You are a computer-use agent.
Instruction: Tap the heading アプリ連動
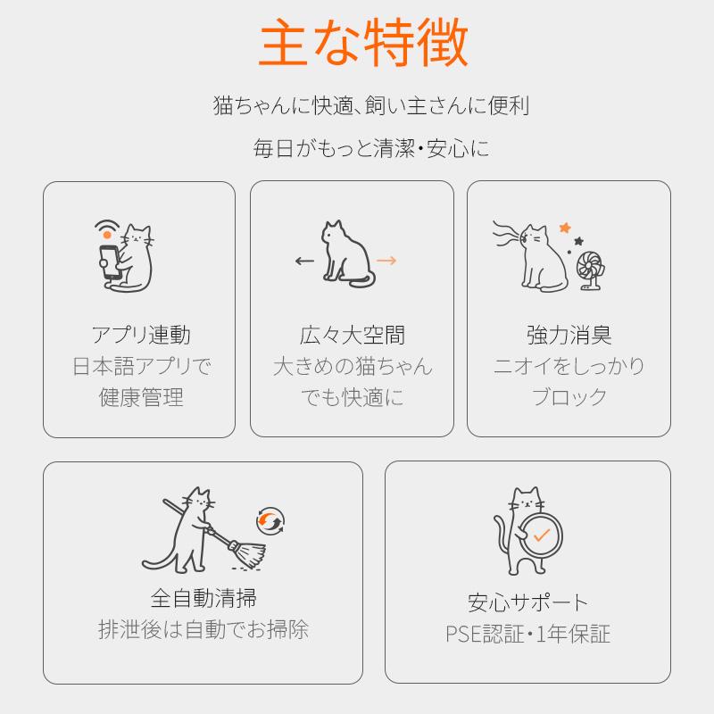[140, 336]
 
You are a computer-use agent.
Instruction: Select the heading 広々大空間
[353, 336]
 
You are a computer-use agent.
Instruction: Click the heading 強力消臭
[569, 336]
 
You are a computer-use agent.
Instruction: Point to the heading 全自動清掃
[203, 597]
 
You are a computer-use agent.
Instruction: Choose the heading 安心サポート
[528, 602]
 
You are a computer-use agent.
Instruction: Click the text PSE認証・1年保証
[528, 635]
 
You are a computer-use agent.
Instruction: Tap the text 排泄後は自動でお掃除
[203, 629]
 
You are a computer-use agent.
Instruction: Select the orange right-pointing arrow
[386, 261]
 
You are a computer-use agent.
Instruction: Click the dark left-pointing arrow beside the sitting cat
[304, 262]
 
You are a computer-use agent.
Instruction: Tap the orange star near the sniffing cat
[564, 228]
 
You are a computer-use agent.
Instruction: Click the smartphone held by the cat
[109, 262]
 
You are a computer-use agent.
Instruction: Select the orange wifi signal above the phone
[107, 229]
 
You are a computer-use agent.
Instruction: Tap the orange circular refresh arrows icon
[269, 520]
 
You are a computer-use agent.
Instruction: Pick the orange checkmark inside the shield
[541, 535]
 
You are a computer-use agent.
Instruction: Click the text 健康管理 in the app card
[140, 397]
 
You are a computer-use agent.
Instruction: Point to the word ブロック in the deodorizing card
[569, 397]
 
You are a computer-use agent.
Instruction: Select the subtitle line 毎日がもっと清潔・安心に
[370, 148]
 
